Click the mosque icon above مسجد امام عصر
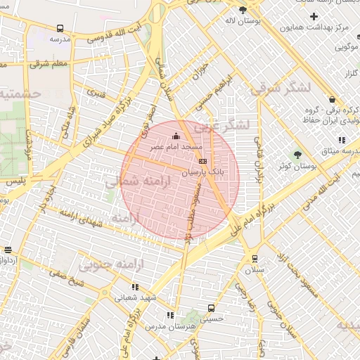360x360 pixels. (x=175, y=136)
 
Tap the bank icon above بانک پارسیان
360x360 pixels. (x=203, y=160)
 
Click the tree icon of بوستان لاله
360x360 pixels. (x=243, y=9)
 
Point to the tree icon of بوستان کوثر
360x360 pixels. (x=297, y=154)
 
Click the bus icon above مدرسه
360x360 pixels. (x=60, y=29)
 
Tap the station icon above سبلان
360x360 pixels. (x=254, y=257)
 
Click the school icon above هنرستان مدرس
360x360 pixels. (x=169, y=316)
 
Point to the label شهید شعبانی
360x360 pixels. (x=135, y=297)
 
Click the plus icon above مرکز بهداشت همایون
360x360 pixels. (x=314, y=15)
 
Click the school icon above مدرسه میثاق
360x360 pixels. (x=342, y=140)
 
